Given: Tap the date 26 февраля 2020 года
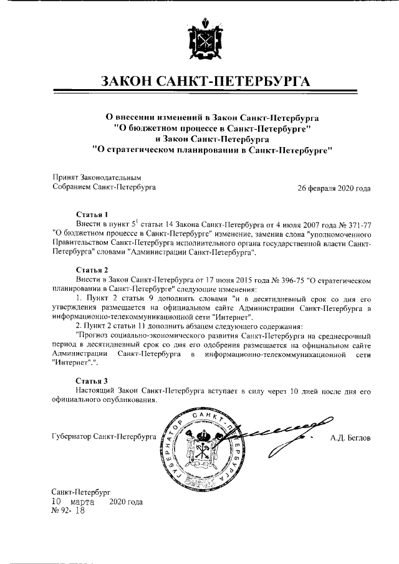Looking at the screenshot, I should [x=334, y=187].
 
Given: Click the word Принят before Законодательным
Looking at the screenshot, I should [x=65, y=178].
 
